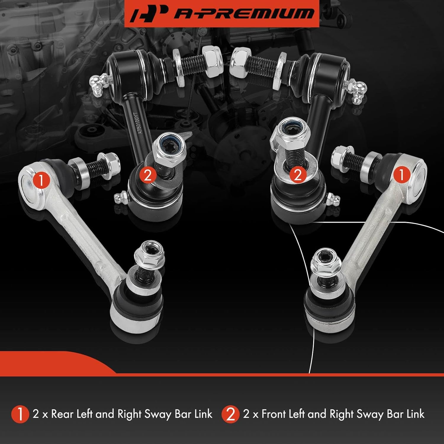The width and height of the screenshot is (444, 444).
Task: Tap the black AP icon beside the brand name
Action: (147, 14)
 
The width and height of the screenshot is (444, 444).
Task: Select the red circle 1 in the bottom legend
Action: (20, 414)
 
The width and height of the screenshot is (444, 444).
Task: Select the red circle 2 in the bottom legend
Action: (230, 414)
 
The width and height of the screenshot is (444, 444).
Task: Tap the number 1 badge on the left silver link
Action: (41, 180)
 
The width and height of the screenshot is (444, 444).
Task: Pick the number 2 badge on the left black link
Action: (147, 175)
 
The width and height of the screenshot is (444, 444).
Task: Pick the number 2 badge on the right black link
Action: (297, 174)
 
